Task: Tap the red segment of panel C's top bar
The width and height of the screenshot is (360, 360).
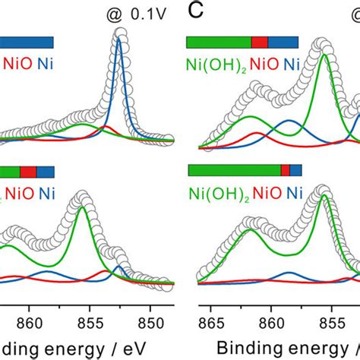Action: click(x=260, y=42)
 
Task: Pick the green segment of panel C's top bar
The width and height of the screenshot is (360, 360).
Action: click(x=219, y=42)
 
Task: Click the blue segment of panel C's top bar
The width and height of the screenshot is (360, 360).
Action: click(x=284, y=42)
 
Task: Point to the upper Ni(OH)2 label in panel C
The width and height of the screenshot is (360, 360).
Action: click(x=216, y=63)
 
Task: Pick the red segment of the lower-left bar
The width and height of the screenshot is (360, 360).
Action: click(x=28, y=172)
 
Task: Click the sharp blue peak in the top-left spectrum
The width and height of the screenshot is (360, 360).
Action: click(x=118, y=42)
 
